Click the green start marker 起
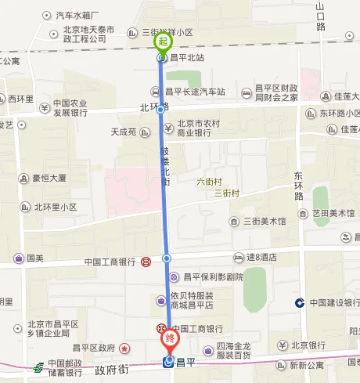coord(163,42)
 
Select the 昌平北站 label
coord(185,57)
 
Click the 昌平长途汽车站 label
coord(195,91)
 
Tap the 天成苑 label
coord(124,131)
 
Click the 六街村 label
coord(211,181)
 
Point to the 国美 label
coord(35,258)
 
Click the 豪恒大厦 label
coord(49,178)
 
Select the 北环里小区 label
coord(55,207)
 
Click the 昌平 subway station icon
coord(168,361)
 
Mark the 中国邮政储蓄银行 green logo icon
coord(37,367)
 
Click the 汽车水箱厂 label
coord(77,15)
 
